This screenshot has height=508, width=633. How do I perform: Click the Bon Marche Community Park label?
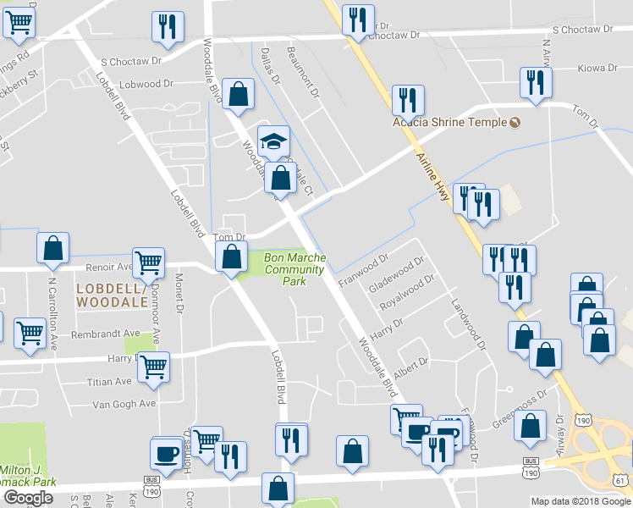pyautogui.click(x=295, y=269)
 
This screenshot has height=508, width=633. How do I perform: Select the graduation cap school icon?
pyautogui.click(x=273, y=141)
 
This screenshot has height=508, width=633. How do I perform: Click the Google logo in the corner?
pyautogui.click(x=28, y=498)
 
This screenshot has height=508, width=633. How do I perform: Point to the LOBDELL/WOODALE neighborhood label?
pyautogui.click(x=112, y=294)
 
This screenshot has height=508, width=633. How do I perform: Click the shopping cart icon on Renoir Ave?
pyautogui.click(x=149, y=262)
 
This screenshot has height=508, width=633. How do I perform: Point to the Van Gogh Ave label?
pyautogui.click(x=124, y=404)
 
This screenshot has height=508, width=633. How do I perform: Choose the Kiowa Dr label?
pyautogui.click(x=593, y=69)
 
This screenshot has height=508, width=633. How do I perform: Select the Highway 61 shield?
pyautogui.click(x=623, y=480)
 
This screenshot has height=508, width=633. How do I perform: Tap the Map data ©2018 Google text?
pyautogui.click(x=580, y=501)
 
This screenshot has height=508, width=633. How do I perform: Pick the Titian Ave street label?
pyautogui.click(x=109, y=382)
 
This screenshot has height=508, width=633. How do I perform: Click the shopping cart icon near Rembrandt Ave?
pyautogui.click(x=30, y=331)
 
